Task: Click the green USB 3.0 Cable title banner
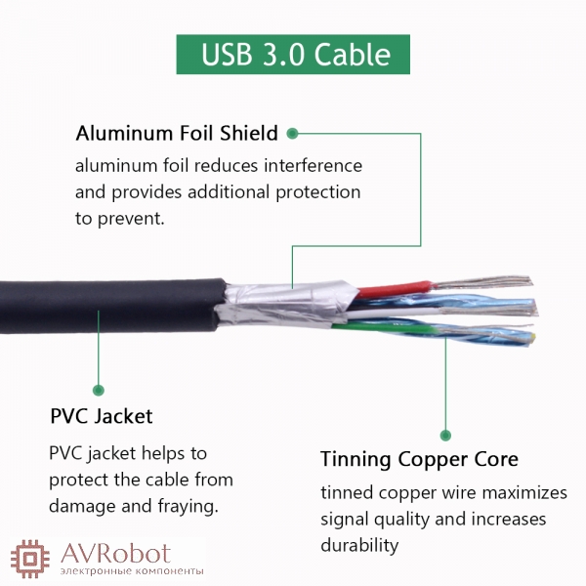click(293, 54)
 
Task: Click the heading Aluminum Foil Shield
click(177, 133)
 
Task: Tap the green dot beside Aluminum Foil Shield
click(292, 134)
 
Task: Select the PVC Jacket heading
click(102, 416)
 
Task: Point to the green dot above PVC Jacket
click(99, 390)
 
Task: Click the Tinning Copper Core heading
click(419, 459)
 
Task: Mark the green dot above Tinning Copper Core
click(445, 435)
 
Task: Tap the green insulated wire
click(385, 328)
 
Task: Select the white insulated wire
click(393, 313)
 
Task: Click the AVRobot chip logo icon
click(30, 559)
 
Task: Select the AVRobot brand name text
click(116, 554)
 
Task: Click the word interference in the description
click(314, 166)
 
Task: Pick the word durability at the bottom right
click(359, 545)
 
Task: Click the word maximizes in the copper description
click(524, 493)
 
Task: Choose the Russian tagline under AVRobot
click(132, 571)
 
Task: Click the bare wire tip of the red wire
click(482, 282)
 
